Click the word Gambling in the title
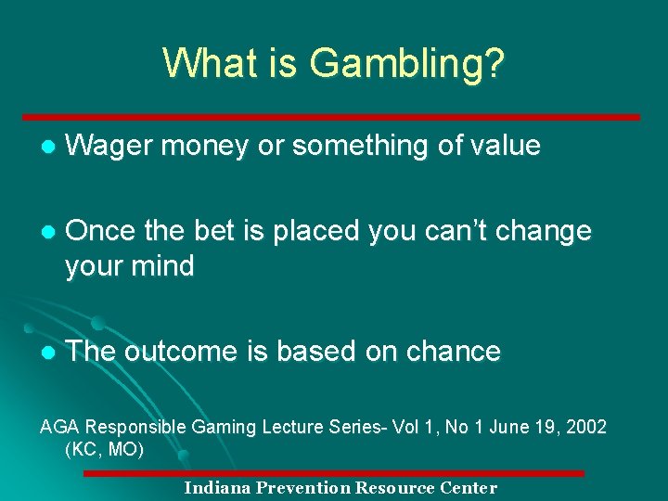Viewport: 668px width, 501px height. click(408, 64)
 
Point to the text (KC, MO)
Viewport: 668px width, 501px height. click(104, 450)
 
